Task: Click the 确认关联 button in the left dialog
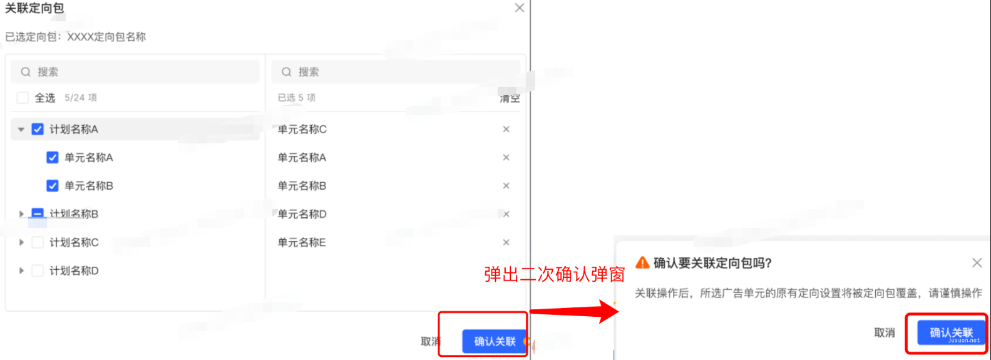(495, 341)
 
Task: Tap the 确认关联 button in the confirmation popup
(950, 332)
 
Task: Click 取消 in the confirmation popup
(884, 332)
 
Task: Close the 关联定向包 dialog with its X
(519, 8)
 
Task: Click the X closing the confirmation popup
(977, 263)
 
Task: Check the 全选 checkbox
(23, 98)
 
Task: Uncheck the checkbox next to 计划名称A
(38, 129)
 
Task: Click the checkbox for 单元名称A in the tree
(53, 157)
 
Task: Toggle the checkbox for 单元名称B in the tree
(53, 185)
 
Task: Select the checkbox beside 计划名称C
(38, 242)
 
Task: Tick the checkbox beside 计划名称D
(38, 270)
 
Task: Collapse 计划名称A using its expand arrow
(21, 130)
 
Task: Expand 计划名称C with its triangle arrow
(21, 242)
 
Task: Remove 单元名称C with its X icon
(506, 129)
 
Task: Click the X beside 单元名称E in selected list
(506, 242)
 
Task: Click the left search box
(135, 72)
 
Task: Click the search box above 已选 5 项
(396, 72)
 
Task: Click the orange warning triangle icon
(642, 262)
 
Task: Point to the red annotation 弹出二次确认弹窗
(554, 274)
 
